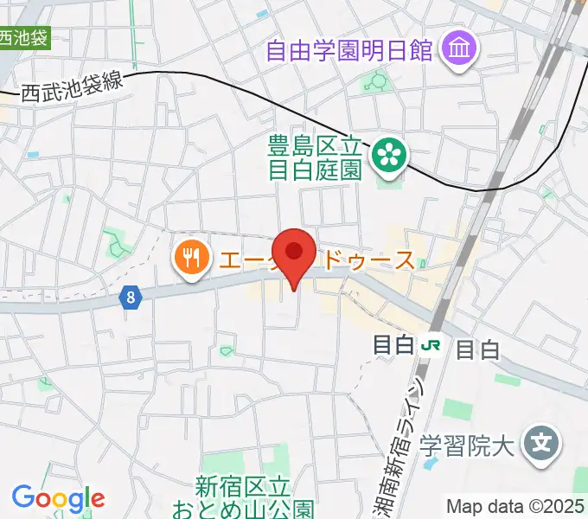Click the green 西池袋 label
(23, 38)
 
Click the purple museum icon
(457, 49)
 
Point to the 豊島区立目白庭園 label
(314, 157)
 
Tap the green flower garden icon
(388, 156)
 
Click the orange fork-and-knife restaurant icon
(189, 257)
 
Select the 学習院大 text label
(466, 446)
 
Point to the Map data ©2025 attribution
(515, 506)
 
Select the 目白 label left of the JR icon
(393, 345)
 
